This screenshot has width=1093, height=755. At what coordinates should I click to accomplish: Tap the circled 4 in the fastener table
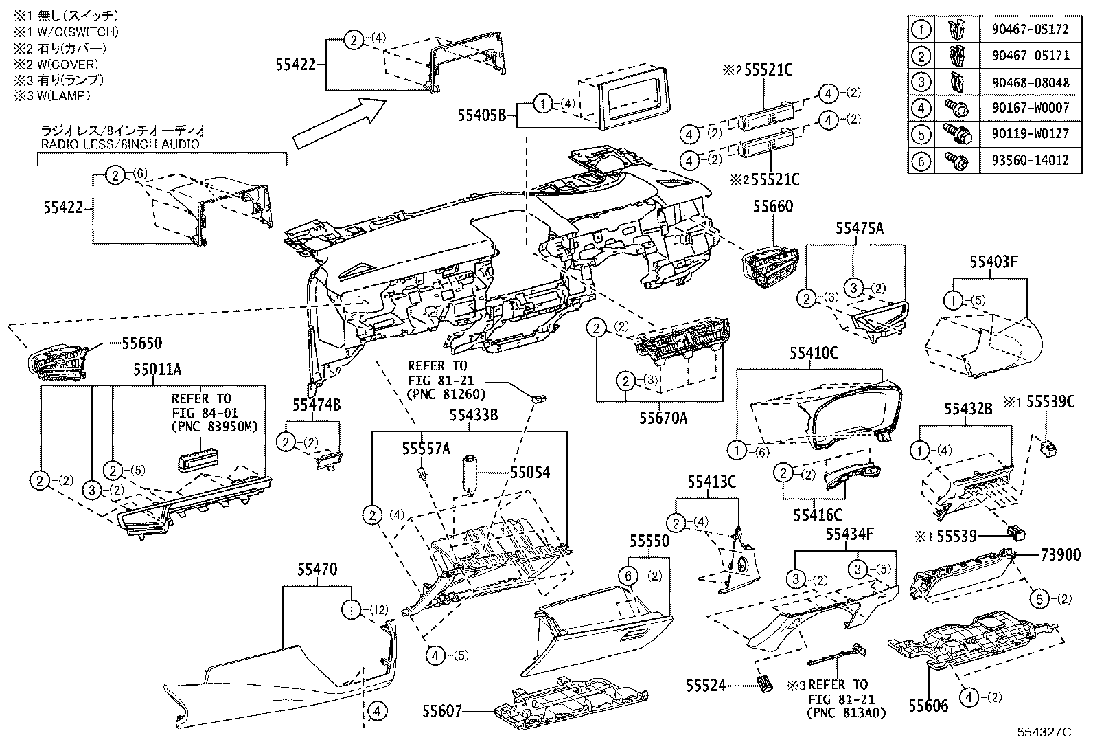pos(921,109)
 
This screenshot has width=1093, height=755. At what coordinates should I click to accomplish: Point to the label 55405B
pos(482,115)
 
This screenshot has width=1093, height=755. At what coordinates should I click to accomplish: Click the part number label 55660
pos(772,206)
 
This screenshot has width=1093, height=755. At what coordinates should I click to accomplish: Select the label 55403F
pos(993,261)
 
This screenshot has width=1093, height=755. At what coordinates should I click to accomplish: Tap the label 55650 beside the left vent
pos(142,342)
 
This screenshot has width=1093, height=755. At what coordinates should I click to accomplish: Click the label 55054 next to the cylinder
pos(529,472)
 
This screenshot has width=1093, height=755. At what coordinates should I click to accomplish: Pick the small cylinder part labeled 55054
pos(471,473)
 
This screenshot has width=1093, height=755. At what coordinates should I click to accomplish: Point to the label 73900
pos(1060,554)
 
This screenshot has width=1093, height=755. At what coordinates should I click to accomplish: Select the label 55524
pos(705,685)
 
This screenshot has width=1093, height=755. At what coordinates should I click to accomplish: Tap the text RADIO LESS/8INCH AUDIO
pos(120,144)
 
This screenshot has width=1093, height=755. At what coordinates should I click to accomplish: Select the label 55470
pos(317,570)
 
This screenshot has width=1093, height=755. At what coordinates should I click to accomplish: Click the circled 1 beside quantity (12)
pos(351,609)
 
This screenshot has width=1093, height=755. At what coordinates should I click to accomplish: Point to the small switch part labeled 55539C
pos(1048,449)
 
